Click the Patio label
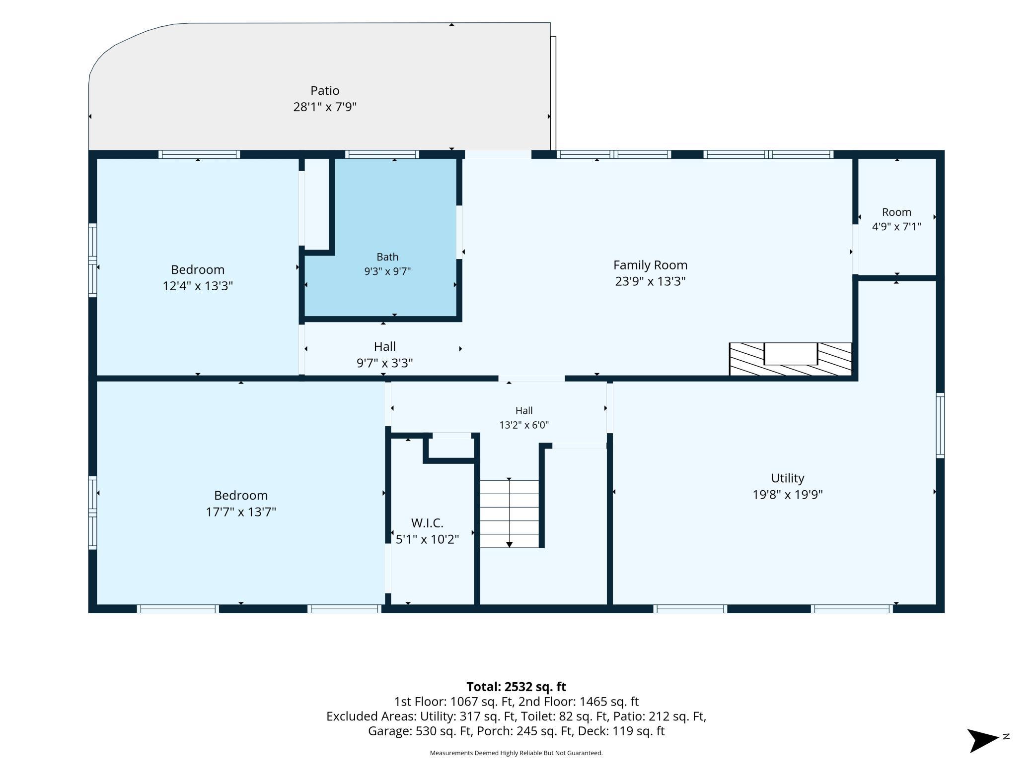[325, 91]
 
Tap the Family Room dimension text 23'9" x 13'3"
[650, 281]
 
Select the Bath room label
[387, 257]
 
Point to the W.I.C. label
[427, 523]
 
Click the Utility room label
[787, 478]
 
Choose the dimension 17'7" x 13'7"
[241, 512]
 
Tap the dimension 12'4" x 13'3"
[198, 286]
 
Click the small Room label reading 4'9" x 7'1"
[896, 219]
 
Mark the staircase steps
[509, 514]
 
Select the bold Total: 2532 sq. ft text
[516, 687]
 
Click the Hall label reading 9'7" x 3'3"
[385, 355]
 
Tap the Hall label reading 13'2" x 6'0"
[524, 418]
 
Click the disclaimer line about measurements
[516, 753]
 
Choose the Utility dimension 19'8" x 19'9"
[787, 495]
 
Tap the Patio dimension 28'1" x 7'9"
[325, 107]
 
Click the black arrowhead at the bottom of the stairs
[509, 545]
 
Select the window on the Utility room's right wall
[940, 425]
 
